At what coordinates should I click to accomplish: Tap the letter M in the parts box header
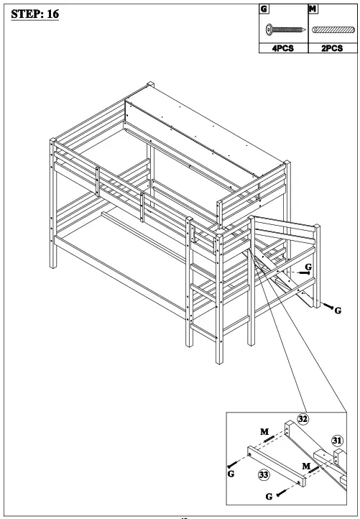pyautogui.click(x=312, y=9)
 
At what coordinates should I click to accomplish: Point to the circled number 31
pyautogui.click(x=336, y=441)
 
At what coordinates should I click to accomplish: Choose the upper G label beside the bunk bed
pyautogui.click(x=308, y=267)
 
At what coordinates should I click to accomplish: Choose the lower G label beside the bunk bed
pyautogui.click(x=338, y=311)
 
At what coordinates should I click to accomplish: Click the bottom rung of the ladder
pyautogui.click(x=205, y=334)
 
